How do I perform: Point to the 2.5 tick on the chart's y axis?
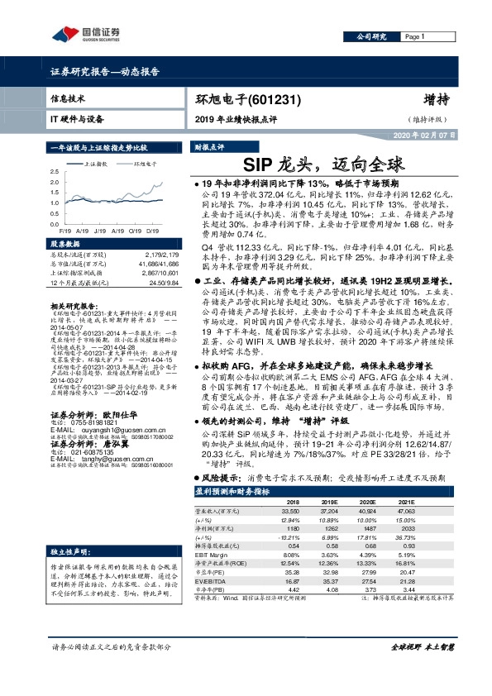click(55, 171)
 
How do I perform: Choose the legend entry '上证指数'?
click(100, 164)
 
